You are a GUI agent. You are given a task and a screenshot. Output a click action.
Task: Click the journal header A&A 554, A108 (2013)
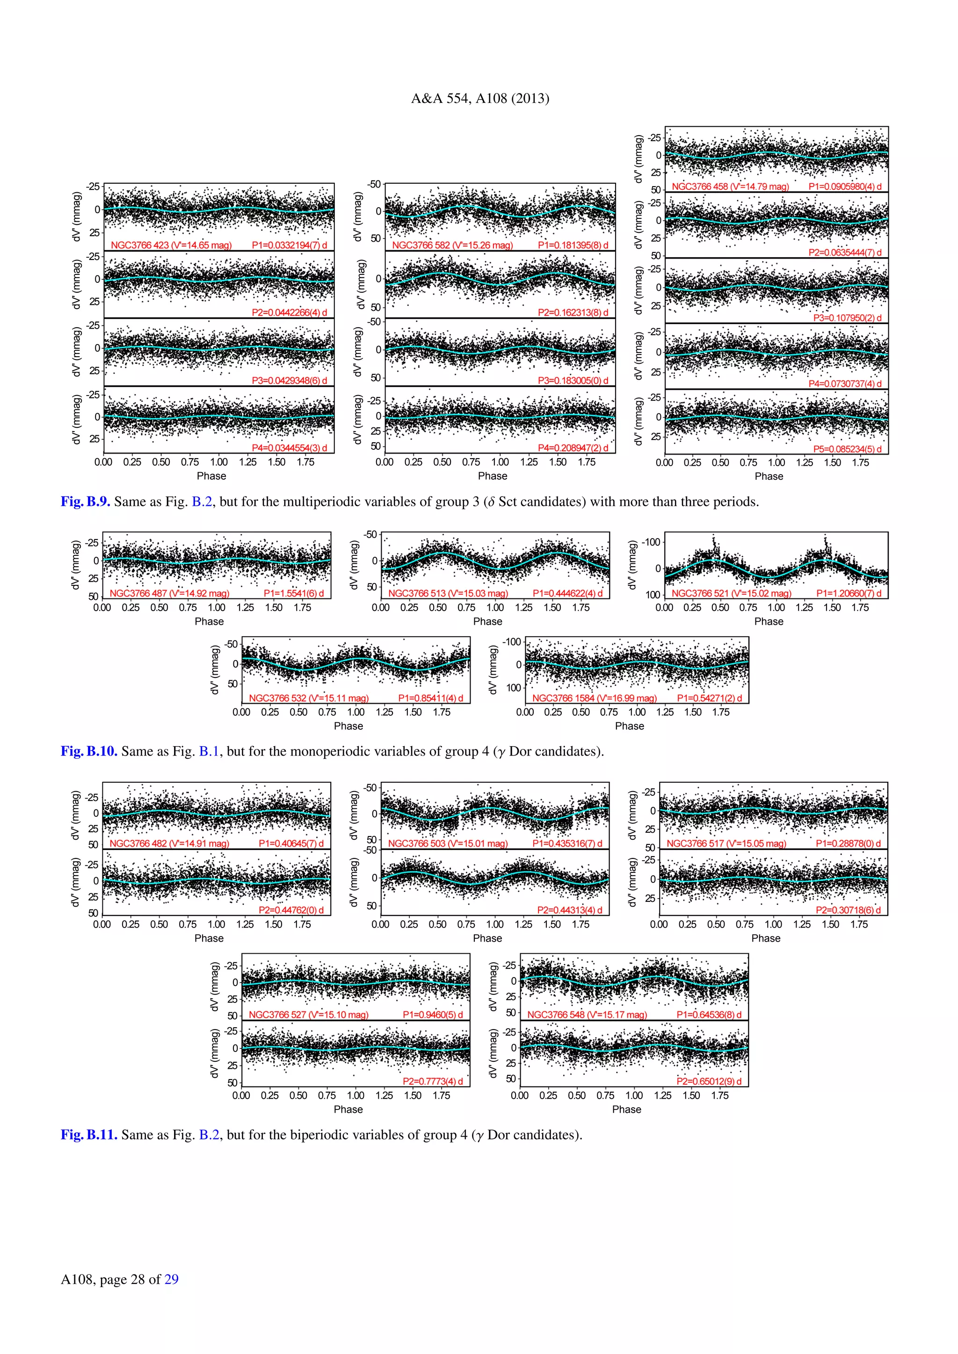point(479,99)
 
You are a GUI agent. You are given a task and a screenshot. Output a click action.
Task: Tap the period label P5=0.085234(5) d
point(847,449)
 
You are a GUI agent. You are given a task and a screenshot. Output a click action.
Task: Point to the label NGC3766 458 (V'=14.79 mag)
point(730,187)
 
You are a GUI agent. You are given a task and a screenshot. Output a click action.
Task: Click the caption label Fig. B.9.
point(86,502)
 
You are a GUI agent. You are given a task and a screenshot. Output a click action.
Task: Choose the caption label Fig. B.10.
point(89,751)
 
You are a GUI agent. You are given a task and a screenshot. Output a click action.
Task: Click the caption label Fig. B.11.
point(89,1135)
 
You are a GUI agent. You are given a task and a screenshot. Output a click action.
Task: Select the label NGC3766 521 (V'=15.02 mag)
point(732,593)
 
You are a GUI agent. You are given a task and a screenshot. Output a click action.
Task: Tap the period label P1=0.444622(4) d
point(567,593)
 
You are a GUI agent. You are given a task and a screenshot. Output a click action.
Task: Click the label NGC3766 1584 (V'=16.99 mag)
point(595,698)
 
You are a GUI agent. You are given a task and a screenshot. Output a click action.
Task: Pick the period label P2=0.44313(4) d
point(570,910)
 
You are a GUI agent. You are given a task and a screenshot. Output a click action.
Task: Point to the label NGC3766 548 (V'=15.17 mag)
point(587,1015)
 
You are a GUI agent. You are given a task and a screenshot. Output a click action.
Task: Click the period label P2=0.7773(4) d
point(432,1081)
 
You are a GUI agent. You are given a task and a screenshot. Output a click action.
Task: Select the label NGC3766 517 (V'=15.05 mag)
point(726,843)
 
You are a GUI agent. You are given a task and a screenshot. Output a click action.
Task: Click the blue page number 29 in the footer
point(171,1279)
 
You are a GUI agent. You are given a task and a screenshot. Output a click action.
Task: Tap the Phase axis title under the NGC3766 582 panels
point(493,476)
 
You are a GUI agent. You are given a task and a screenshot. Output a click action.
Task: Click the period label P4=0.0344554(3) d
point(289,448)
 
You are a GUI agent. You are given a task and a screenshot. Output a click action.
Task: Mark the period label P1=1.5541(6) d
point(294,593)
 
